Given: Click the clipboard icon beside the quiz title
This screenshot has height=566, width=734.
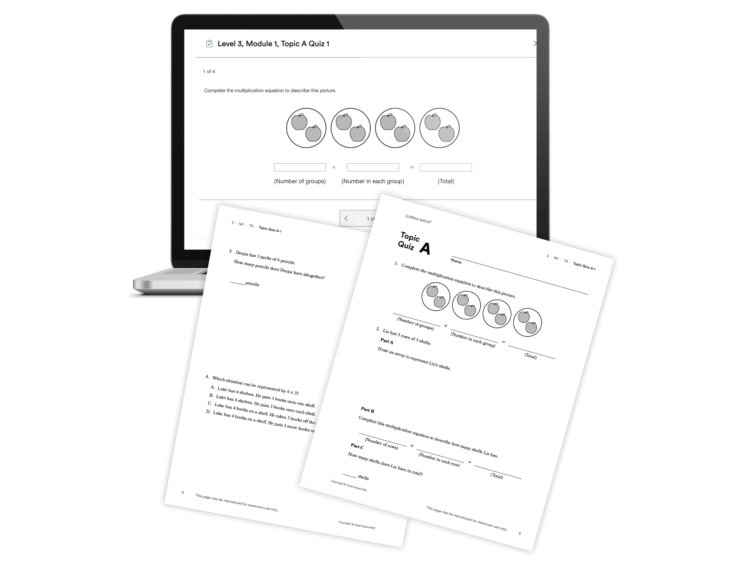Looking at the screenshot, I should (x=209, y=44).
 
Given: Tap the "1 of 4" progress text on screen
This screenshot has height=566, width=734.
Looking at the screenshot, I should (x=209, y=71).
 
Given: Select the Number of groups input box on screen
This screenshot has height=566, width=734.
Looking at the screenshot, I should (x=299, y=167).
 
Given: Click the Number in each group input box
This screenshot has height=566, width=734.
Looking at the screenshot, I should (x=373, y=167).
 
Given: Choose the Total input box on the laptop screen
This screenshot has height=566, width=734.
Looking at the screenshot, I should (x=446, y=167).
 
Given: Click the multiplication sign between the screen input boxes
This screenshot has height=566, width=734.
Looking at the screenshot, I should (x=334, y=167).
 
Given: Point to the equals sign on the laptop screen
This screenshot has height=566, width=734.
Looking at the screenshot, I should (x=412, y=167).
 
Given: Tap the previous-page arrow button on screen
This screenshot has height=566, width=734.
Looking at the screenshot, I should (x=347, y=219).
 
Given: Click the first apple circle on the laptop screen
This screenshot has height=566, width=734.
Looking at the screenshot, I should (x=306, y=128).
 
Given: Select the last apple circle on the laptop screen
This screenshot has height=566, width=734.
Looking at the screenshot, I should (x=440, y=128).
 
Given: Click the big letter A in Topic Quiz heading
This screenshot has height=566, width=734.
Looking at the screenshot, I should (x=425, y=249).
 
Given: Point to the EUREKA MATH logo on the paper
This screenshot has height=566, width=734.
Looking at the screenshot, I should (x=418, y=219).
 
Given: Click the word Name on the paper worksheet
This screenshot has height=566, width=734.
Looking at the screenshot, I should (x=456, y=261).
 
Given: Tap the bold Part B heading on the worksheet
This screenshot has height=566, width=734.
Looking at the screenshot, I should (x=367, y=410).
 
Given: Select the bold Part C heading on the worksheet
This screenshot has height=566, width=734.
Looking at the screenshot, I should (x=357, y=446).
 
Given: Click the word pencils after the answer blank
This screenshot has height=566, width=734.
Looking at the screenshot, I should (x=252, y=284).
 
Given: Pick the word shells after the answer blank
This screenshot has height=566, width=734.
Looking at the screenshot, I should (x=363, y=477).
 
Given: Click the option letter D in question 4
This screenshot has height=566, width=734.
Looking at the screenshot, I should (x=208, y=411).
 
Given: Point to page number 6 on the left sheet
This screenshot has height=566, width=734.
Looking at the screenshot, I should (x=183, y=493).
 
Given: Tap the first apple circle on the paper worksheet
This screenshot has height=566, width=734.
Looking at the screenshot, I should (x=436, y=297).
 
